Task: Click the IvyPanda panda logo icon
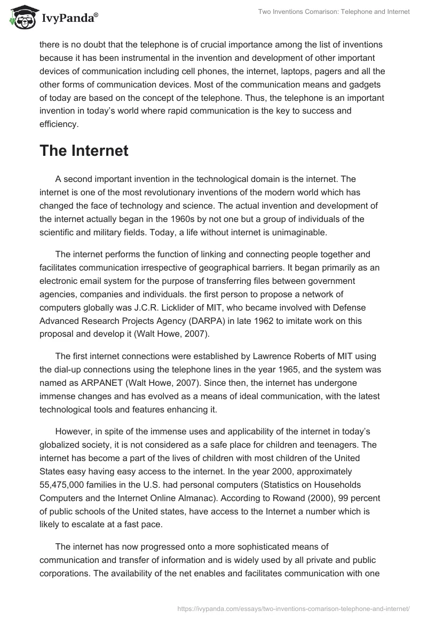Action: pos(20,18)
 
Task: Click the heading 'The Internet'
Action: pos(84,150)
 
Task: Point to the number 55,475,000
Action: pos(68,484)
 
